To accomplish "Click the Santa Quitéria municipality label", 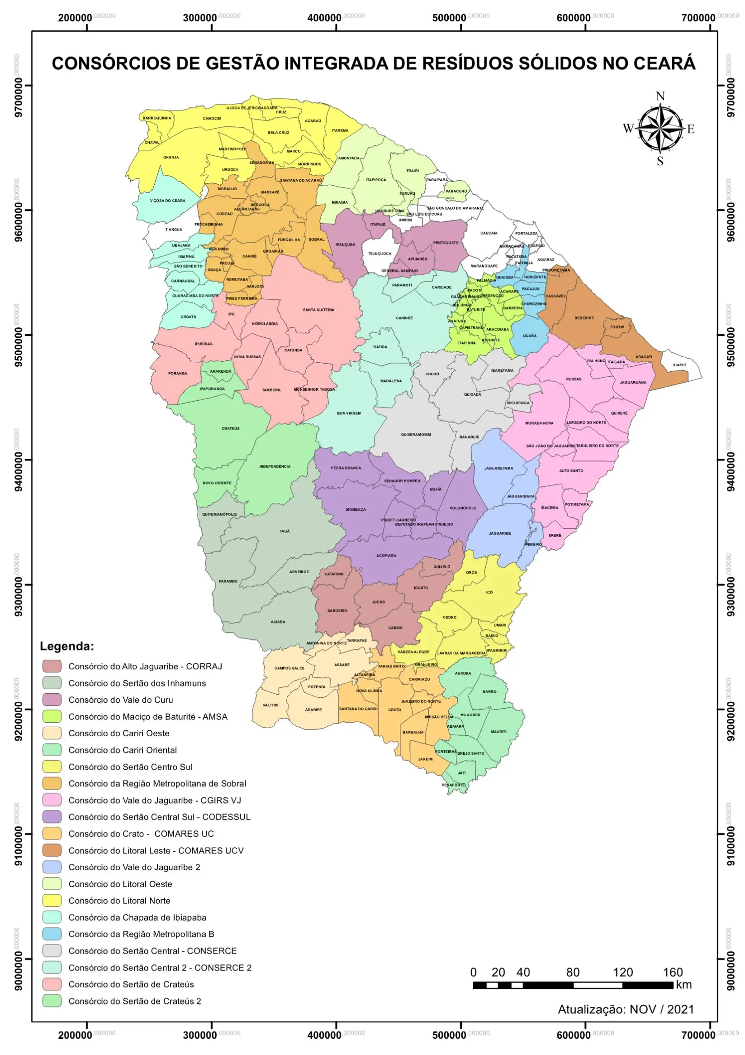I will (x=318, y=310).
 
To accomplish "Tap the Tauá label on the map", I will (x=285, y=531).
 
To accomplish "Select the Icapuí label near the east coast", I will (x=679, y=365).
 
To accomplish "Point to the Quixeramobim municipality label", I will (x=416, y=434).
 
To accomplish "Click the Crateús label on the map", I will (x=230, y=428).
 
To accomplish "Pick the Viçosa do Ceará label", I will (x=167, y=200).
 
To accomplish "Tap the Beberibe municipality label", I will (x=584, y=318).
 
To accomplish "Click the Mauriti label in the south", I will (x=498, y=732).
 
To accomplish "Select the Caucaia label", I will (x=489, y=233).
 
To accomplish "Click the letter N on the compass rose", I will (x=660, y=96).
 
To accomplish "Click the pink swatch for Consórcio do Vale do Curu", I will (x=52, y=700).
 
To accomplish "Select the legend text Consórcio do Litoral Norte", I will (x=119, y=901).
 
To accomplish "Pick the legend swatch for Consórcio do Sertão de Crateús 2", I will (x=52, y=1001).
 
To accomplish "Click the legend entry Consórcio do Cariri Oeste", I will (x=119, y=734).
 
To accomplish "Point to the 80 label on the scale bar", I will (x=572, y=972).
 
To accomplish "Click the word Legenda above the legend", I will (x=66, y=646).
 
